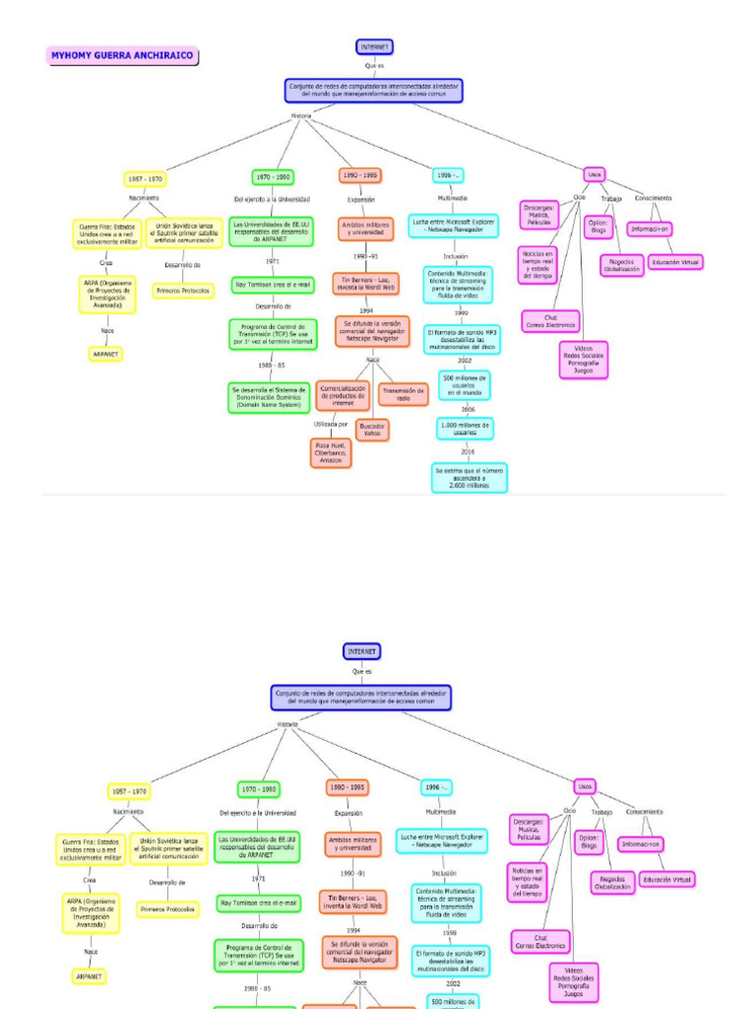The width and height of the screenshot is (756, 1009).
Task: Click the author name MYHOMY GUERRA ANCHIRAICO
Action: coord(122,56)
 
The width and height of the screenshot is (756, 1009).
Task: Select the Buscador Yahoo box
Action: coord(372,430)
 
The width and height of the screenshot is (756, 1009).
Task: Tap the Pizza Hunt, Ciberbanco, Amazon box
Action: coord(330,452)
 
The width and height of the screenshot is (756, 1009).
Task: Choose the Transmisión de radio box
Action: coord(403,394)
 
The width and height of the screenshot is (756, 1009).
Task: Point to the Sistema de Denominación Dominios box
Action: coord(269,397)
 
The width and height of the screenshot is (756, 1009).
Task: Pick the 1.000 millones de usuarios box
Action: coord(465,428)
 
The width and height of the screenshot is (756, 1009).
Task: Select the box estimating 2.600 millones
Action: coord(470,477)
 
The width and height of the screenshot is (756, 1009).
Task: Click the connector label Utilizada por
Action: coord(331,424)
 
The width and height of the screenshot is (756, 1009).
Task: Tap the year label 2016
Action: coord(468,451)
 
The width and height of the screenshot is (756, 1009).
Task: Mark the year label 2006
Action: coord(468,408)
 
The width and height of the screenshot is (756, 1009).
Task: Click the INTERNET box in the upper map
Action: coord(374,46)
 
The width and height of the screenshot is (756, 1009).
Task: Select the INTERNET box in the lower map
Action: coord(362,651)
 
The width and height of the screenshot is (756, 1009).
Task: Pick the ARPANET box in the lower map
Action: coord(90,975)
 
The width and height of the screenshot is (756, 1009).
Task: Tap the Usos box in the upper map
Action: coord(594,174)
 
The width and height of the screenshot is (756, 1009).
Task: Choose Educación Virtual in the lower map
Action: coord(666,879)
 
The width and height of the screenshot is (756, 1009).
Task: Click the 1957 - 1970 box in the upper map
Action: coord(145,178)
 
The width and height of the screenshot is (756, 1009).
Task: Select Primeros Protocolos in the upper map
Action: coord(182,291)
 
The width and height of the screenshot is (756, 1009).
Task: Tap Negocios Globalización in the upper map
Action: coord(621,265)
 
